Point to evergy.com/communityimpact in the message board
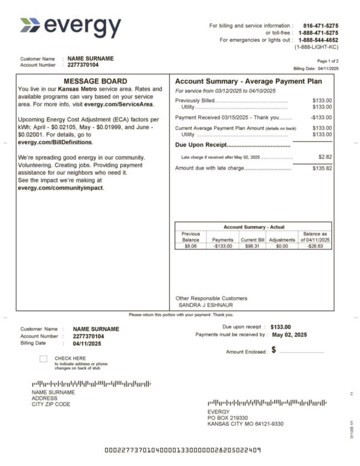[61, 187]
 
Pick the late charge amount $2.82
[324, 157]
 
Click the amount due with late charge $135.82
[322, 168]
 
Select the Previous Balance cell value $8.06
[190, 246]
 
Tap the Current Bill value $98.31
[252, 246]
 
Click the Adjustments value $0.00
[281, 246]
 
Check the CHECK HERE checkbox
[43, 359]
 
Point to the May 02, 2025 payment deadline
[289, 334]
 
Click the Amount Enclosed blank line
[301, 351]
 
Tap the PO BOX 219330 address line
[227, 417]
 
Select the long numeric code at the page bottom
[182, 450]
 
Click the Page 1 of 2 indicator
[328, 61]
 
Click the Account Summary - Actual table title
[254, 227]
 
